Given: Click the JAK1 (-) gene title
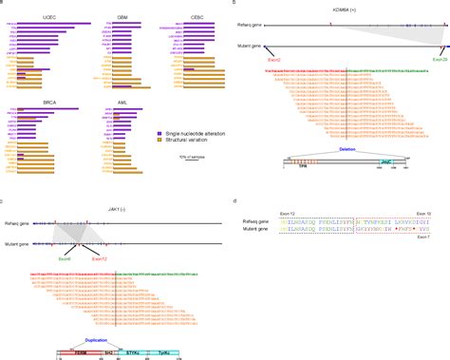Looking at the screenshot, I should (95, 205).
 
